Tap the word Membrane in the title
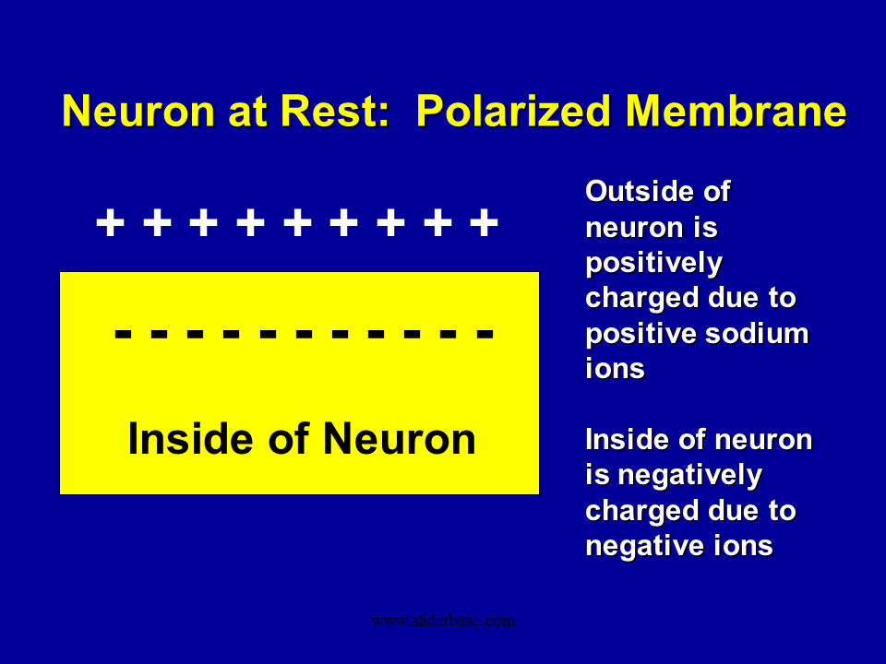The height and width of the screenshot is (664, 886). (736, 111)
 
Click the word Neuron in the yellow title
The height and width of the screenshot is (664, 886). (138, 111)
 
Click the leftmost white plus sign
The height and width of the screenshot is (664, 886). (110, 222)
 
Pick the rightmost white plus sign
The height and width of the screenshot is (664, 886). (485, 222)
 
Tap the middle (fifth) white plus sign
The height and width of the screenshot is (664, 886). (297, 222)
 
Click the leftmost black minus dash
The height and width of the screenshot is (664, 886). (123, 334)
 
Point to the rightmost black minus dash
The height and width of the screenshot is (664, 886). (485, 334)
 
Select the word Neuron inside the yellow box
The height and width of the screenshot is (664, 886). (400, 439)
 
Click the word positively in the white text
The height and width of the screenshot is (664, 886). (653, 264)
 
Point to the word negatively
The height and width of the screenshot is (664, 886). (690, 476)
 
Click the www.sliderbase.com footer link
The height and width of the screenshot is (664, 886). (443, 621)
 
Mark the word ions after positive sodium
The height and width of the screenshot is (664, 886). (615, 369)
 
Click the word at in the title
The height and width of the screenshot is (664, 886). (247, 112)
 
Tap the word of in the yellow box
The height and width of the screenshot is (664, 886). (288, 439)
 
